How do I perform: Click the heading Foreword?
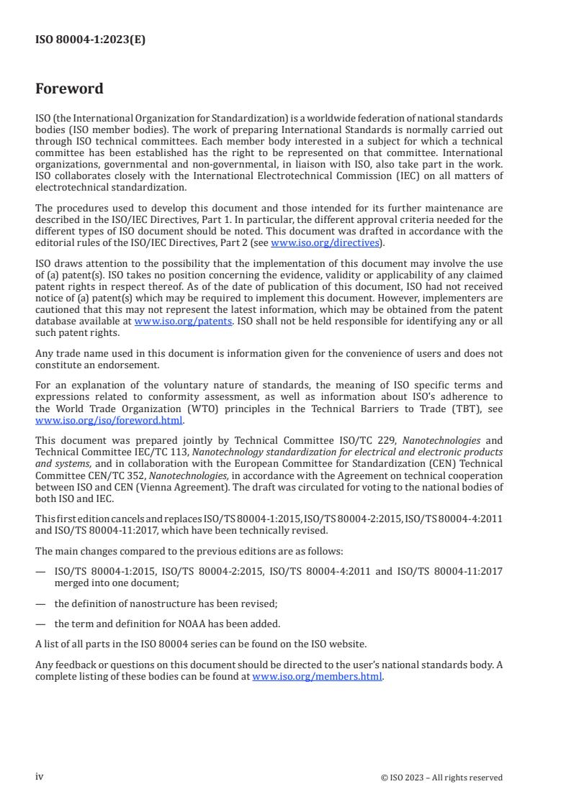click(x=69, y=89)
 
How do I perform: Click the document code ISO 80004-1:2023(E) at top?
click(x=90, y=40)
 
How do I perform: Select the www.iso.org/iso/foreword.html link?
click(x=109, y=421)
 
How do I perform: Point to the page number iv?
click(x=40, y=777)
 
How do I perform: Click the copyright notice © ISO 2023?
click(x=441, y=778)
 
